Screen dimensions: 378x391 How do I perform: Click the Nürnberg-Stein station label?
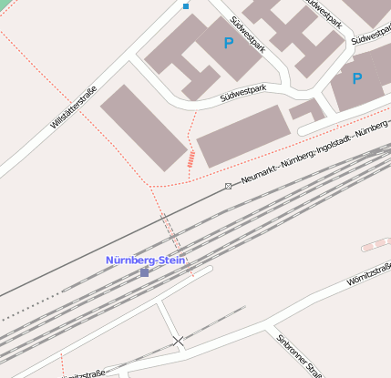click(146, 261)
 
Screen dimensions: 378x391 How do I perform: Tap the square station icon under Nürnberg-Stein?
click(144, 272)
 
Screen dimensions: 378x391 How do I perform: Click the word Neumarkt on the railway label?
click(260, 175)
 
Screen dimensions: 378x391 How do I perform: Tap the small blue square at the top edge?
click(186, 6)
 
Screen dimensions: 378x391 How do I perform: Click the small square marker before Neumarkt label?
click(228, 186)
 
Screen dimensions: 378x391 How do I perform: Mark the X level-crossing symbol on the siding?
click(178, 342)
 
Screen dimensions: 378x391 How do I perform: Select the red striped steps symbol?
click(191, 160)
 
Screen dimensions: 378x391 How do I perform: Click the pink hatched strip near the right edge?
click(376, 244)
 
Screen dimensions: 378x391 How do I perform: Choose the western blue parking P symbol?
click(228, 43)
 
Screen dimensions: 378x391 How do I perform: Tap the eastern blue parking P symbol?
click(356, 79)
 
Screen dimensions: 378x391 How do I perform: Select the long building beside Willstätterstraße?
click(143, 128)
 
